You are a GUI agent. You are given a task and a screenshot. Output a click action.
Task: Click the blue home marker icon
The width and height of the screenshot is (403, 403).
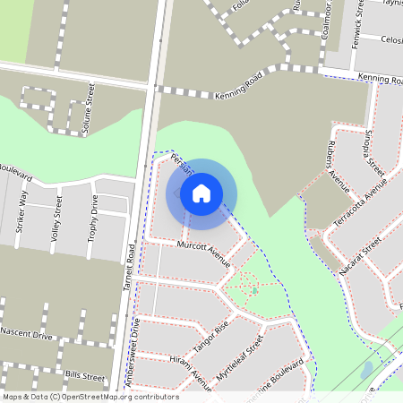pos(201,193)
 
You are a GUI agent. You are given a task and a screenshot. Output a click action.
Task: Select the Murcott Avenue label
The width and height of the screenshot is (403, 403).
pos(204,253)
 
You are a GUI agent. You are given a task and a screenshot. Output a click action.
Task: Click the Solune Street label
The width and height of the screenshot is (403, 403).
pos(88,110)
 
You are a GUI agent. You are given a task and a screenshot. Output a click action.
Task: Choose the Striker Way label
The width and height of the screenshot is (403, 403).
pos(21,211)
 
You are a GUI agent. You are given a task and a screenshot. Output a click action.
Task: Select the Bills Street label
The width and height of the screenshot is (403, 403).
pos(85,373)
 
